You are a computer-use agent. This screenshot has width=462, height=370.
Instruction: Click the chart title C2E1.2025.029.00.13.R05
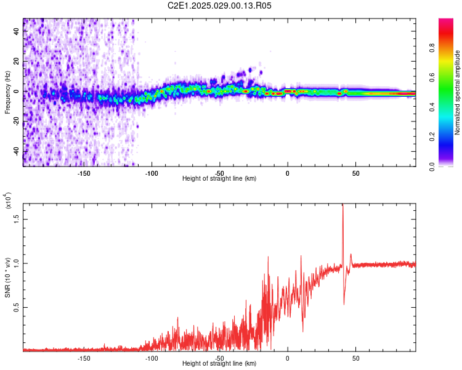(220, 6)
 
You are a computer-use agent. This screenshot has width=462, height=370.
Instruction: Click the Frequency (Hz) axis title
(7, 92)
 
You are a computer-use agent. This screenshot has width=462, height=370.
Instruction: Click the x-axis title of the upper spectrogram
(219, 179)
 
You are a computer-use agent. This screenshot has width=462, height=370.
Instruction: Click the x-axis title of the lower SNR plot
(219, 364)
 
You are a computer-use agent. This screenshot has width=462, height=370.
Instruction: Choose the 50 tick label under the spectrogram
(355, 173)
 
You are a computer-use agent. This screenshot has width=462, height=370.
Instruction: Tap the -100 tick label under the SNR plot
(152, 358)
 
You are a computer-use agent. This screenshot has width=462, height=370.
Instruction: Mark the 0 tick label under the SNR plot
(288, 358)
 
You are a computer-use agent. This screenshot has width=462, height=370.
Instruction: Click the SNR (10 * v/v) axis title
(7, 277)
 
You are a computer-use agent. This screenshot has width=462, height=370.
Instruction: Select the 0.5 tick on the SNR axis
(17, 307)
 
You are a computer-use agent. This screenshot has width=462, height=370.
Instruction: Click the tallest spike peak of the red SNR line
(342, 205)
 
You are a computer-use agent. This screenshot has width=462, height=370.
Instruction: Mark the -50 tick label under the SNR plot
(219, 358)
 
